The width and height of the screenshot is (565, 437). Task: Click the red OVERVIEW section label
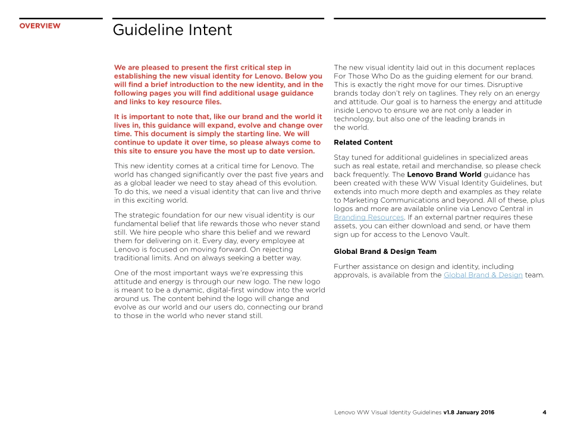tap(40, 26)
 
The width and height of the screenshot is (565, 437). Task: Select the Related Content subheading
tap(363, 143)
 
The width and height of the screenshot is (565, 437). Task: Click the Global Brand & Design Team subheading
tap(385, 251)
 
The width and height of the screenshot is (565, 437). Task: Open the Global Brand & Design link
tap(483, 275)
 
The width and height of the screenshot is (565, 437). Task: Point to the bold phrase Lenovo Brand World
tap(444, 175)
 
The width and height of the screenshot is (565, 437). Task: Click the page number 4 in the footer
tap(544, 413)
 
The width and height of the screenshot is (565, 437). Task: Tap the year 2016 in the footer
tap(486, 413)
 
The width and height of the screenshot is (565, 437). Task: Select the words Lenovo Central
tap(498, 209)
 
